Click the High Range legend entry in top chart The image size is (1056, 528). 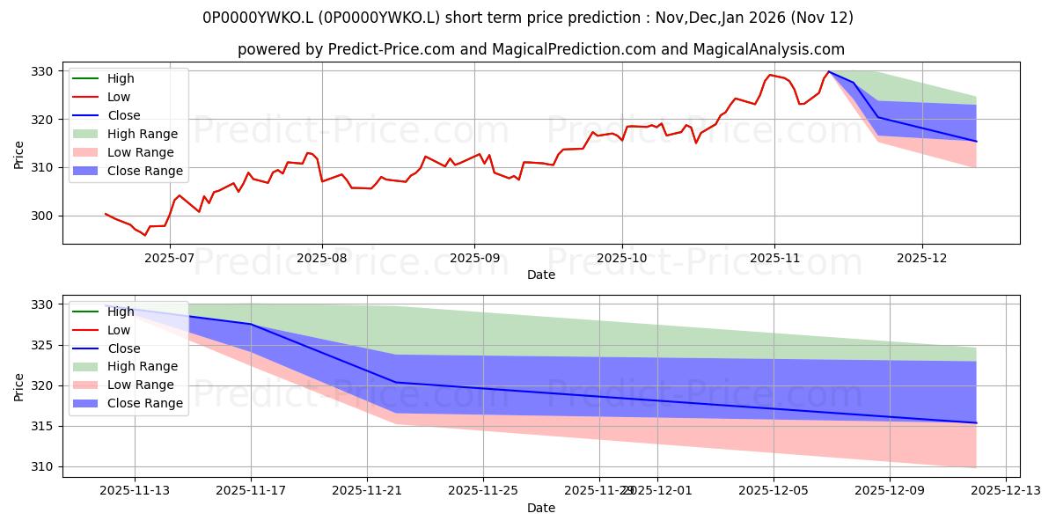point(142,134)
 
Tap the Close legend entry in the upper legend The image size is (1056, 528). point(122,115)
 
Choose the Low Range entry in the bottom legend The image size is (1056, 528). point(141,385)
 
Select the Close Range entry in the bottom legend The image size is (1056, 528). point(144,403)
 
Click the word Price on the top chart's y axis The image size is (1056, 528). point(19,153)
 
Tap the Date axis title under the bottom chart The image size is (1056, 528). point(540,508)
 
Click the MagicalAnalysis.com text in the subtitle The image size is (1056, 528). point(768,50)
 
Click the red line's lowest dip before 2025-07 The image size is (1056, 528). point(145,235)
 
